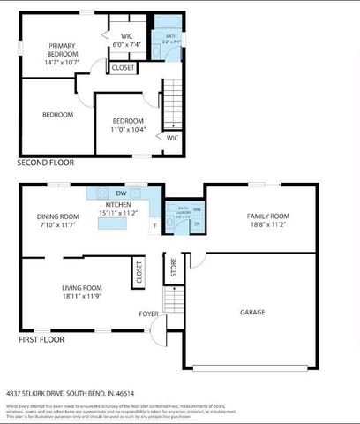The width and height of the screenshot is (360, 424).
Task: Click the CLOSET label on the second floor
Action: [x=124, y=67]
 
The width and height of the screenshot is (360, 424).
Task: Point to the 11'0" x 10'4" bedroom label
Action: [x=129, y=125]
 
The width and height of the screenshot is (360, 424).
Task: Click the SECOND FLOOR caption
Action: [x=46, y=163]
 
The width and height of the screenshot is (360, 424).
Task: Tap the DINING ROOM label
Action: [x=57, y=222]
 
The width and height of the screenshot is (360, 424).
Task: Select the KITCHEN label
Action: [x=118, y=208]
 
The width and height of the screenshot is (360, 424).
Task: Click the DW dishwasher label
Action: [x=122, y=193]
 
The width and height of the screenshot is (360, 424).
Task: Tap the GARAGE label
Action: [x=253, y=312]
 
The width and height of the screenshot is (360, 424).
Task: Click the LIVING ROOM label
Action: [x=81, y=292]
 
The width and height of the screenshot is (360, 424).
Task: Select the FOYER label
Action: [x=149, y=314]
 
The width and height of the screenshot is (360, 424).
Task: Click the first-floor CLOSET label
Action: [x=139, y=275]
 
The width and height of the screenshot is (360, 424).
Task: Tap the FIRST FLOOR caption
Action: [x=41, y=339]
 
